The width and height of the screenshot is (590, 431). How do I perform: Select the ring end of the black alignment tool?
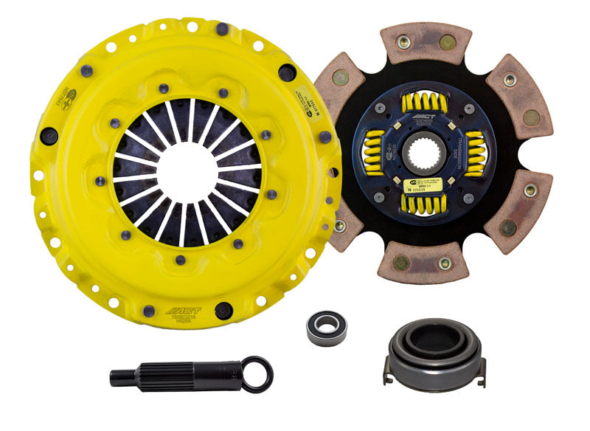pyautogui.click(x=257, y=374)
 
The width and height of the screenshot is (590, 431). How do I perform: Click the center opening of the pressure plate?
pyautogui.click(x=187, y=171)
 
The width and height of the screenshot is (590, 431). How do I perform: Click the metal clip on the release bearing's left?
pyautogui.click(x=386, y=375)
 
